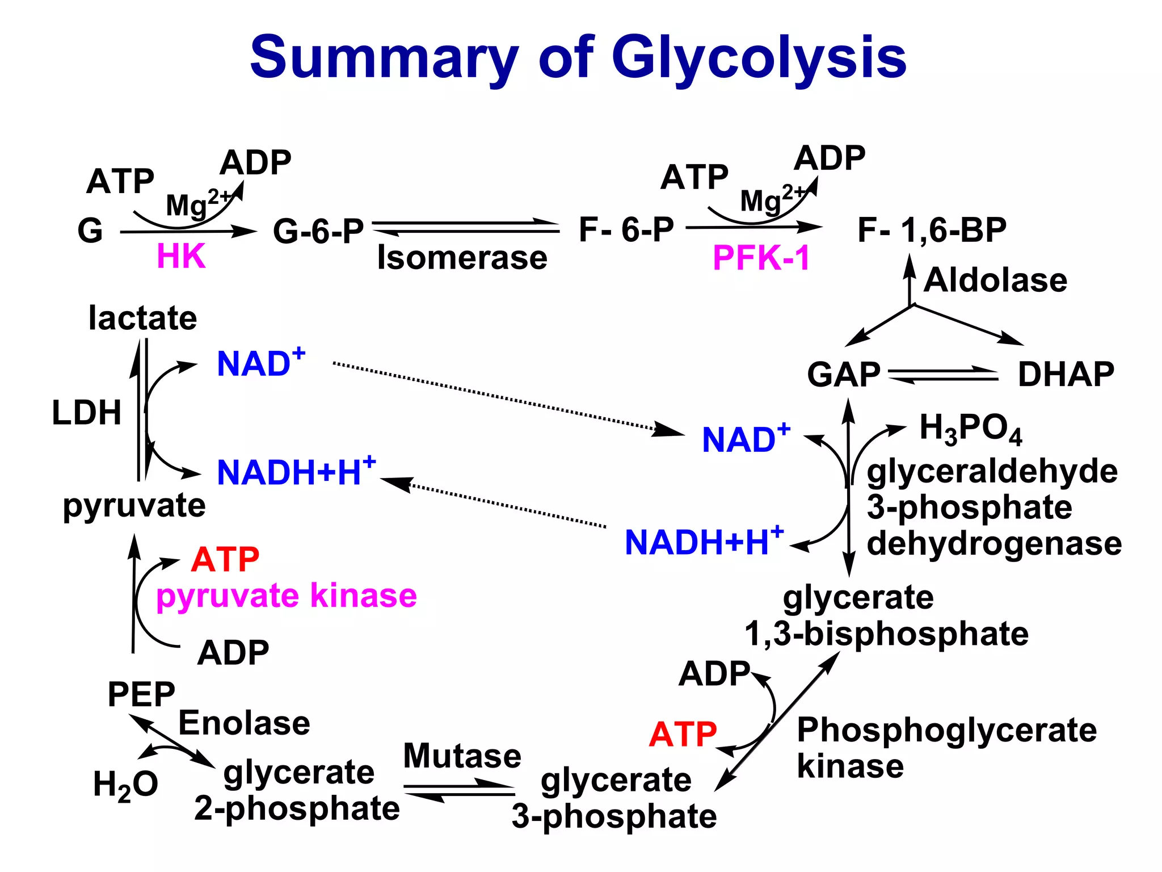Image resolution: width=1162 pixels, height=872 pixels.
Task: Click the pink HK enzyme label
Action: (180, 257)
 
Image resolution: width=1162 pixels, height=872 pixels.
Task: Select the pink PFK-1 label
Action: (761, 258)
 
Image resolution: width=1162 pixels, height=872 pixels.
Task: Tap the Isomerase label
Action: (462, 258)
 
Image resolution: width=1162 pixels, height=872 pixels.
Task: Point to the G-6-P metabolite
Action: (318, 231)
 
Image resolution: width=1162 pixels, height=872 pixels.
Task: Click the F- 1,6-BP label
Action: (932, 230)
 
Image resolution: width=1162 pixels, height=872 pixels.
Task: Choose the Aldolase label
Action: (995, 280)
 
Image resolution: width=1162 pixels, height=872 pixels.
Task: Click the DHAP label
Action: (1066, 374)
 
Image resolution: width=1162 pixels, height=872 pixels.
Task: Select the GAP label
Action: (844, 375)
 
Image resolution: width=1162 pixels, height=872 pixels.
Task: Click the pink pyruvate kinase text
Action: (287, 596)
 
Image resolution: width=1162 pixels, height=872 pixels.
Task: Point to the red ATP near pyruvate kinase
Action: (225, 560)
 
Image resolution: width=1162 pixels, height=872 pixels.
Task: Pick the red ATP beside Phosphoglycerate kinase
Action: (683, 734)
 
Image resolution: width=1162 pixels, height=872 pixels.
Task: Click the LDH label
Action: (87, 413)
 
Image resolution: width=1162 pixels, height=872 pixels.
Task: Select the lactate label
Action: (142, 318)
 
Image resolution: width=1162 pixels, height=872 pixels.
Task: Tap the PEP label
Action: (141, 694)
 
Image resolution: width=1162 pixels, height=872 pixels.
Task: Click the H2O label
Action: (125, 785)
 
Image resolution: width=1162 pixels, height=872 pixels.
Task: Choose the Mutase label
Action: (462, 756)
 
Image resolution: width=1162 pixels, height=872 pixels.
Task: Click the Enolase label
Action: (244, 723)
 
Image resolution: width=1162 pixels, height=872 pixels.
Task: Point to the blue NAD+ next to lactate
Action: (260, 363)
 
